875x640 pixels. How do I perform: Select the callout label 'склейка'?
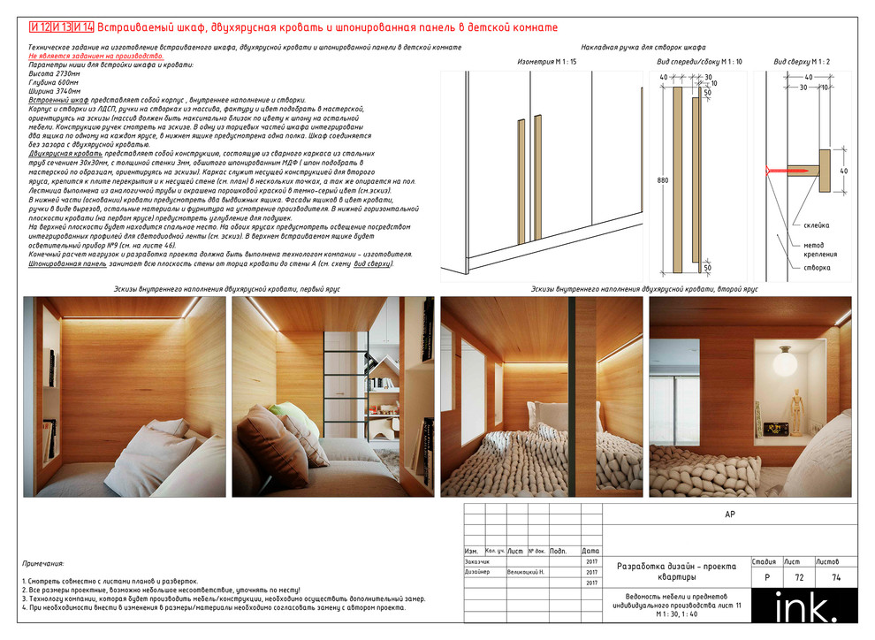816,225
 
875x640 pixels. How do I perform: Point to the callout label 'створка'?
816,267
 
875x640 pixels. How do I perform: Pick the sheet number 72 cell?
799,576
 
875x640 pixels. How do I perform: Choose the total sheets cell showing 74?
835,576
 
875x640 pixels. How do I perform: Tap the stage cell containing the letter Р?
765,576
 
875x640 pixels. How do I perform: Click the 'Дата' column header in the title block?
590,551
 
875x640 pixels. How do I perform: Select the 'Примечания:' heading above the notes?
43,563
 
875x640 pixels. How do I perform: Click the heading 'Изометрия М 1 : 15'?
546,62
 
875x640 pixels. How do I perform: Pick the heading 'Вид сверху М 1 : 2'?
802,62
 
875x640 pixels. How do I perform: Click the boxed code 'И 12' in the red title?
39,27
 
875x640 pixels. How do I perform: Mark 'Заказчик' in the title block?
477,561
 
